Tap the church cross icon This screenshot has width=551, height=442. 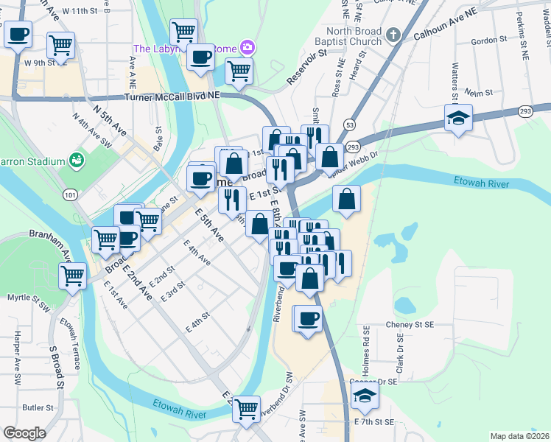[x=394, y=34]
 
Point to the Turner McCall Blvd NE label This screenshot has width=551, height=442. [x=172, y=97]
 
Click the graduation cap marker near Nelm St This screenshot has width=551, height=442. [x=458, y=118]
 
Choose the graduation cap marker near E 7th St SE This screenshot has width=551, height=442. [x=364, y=396]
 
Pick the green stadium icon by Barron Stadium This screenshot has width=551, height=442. [x=74, y=159]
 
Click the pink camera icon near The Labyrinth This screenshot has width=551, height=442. [x=247, y=49]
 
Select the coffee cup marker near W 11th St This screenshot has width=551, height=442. [x=18, y=33]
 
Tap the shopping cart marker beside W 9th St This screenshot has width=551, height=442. [x=60, y=45]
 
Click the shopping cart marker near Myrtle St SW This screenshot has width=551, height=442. [x=72, y=276]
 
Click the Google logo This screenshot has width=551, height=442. [x=24, y=433]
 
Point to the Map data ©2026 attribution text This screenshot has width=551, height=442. [x=519, y=436]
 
